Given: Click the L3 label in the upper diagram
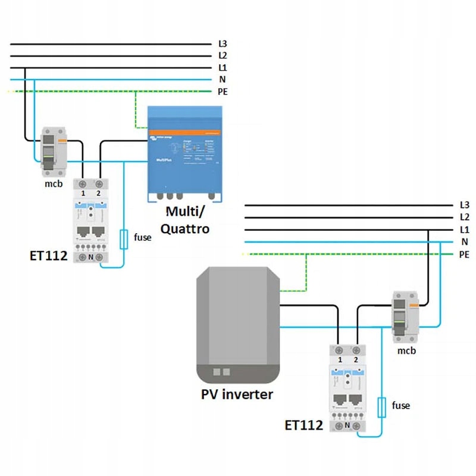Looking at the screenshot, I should (x=223, y=44).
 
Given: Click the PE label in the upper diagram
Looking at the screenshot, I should (x=223, y=92).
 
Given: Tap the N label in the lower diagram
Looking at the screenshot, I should (x=464, y=242).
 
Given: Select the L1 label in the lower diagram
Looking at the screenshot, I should (x=465, y=230).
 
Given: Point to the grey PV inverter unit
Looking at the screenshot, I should (x=238, y=324).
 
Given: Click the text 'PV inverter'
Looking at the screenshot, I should (x=237, y=394).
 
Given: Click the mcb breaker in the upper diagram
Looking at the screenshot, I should (x=52, y=152).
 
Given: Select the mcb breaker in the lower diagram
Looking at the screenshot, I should (x=405, y=316).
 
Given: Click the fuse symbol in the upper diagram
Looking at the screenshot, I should (x=124, y=239).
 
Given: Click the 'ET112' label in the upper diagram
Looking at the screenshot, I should (x=48, y=256).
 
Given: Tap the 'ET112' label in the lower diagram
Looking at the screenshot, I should (x=303, y=425).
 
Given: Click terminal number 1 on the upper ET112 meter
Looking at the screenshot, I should (x=83, y=193).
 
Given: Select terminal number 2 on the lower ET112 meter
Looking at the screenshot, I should (x=356, y=361).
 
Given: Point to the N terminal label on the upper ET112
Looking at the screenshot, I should (x=91, y=257).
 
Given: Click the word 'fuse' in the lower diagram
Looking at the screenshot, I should (x=401, y=406).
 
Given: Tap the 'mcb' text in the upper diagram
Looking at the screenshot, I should (x=54, y=185).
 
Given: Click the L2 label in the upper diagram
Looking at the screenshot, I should (x=223, y=56).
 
